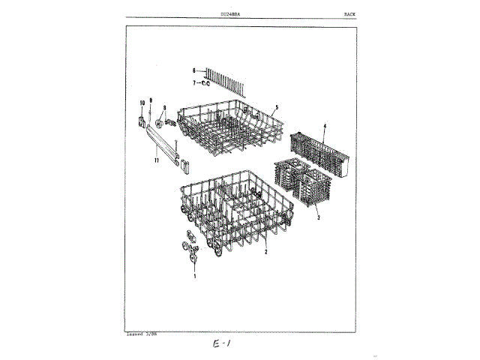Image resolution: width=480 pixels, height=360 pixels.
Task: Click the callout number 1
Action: coord(194,277)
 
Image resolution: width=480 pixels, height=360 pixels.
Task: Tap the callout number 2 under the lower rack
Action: coord(265,253)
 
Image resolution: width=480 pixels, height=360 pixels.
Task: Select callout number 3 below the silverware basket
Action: coord(318,217)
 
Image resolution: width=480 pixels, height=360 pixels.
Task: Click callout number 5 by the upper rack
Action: coord(276,108)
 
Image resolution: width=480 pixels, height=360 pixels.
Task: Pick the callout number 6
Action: coord(193,70)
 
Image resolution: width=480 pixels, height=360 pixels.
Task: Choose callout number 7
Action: coord(193,82)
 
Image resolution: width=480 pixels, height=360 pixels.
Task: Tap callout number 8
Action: coord(163,107)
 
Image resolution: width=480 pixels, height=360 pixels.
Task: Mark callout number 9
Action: coord(150,100)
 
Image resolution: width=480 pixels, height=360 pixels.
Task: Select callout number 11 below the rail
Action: coord(157,160)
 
